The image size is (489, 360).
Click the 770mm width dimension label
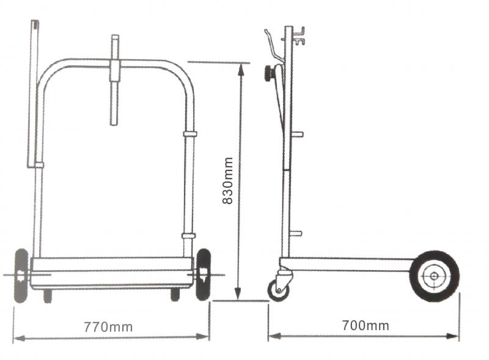coord(108,327)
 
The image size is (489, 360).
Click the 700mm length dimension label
coord(366,325)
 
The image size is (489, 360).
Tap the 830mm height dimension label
coord(228,181)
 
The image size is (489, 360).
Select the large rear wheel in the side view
coord(434,276)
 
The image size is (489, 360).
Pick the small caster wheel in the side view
coord(279,290)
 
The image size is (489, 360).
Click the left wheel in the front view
coord(21,276)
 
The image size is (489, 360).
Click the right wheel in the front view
coord(204,274)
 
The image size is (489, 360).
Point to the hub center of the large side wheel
coord(434,276)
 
